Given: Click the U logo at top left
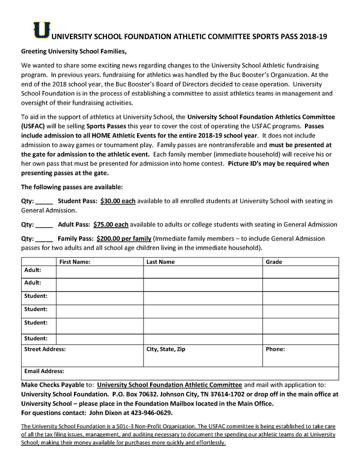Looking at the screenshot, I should [x=42, y=30].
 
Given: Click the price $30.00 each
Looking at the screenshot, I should [x=118, y=201].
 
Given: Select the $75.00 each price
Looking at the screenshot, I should [x=110, y=225].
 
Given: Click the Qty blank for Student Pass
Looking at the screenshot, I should [x=44, y=202].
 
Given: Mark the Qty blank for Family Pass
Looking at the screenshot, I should [x=44, y=239].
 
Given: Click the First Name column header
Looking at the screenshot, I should [x=75, y=262].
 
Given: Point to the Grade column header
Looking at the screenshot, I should [x=274, y=262].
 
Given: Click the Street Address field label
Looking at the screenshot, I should [x=45, y=349].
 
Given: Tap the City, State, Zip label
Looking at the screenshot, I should [x=166, y=349].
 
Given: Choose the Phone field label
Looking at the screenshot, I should [x=275, y=349].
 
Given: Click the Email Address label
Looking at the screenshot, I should [x=44, y=371].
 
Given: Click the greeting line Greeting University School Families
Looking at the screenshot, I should [x=74, y=52].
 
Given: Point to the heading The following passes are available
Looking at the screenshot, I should [x=72, y=187].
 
